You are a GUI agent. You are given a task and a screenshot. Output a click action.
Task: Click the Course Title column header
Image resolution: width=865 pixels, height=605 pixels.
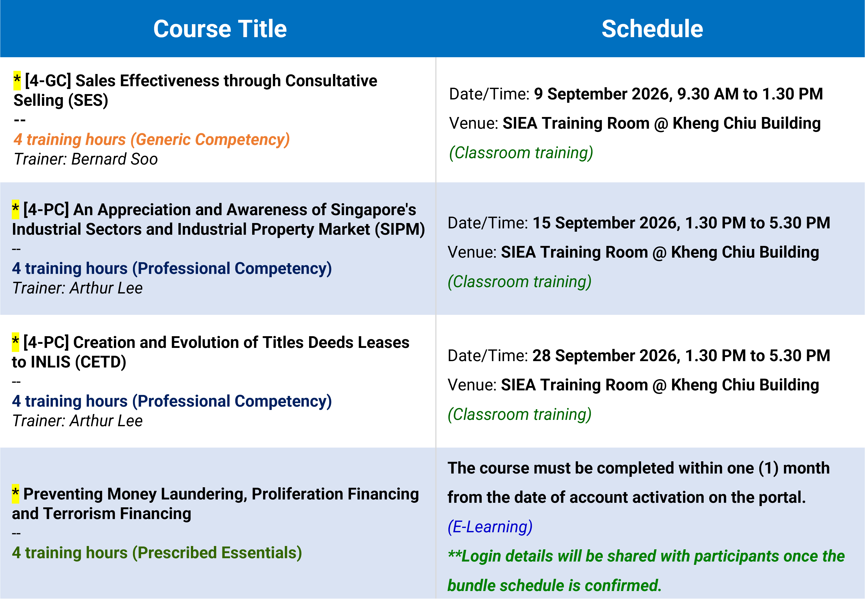[x=220, y=29]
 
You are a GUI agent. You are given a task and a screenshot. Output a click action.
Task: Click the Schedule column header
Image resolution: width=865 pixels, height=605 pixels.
[x=652, y=29]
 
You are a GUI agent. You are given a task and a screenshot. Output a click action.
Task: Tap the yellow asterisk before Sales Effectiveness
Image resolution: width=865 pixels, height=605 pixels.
[x=17, y=80]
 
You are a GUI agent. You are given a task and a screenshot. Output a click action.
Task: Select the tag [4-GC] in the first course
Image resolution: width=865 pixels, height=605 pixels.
[x=48, y=81]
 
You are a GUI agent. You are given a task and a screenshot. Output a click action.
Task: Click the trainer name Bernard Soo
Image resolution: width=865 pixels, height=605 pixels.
[x=115, y=159]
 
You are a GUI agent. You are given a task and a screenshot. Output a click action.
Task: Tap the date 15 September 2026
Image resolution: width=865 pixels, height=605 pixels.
[x=606, y=223]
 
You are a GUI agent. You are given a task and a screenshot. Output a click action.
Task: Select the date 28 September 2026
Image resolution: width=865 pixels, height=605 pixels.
[x=606, y=356]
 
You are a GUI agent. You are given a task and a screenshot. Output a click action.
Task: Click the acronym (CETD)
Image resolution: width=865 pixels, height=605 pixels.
[x=101, y=362]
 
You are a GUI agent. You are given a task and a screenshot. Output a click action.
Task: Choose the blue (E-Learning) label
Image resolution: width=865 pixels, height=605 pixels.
[x=490, y=527]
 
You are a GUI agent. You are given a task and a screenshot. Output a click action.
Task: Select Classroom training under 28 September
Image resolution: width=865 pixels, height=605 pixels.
[x=520, y=414]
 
